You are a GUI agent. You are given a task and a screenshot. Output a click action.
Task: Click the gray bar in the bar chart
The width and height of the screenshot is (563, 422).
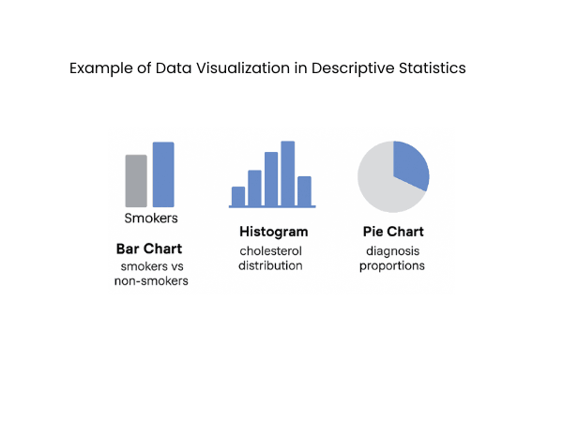click(x=136, y=180)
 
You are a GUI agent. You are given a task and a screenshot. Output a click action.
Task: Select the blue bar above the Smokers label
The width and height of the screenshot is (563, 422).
click(x=163, y=174)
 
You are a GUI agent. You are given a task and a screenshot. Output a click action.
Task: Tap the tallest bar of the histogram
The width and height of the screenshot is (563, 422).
click(x=287, y=173)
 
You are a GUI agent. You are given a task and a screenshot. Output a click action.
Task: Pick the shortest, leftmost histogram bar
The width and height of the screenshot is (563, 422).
click(x=238, y=195)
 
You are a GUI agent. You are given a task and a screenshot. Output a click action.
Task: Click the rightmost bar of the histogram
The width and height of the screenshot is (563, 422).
click(x=304, y=190)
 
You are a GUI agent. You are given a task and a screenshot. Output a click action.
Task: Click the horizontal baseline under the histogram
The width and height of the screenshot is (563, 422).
click(x=272, y=206)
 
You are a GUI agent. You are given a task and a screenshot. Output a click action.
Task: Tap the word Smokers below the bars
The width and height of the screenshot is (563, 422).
click(x=151, y=219)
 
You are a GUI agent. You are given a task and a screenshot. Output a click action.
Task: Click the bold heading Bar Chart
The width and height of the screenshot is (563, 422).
click(x=148, y=249)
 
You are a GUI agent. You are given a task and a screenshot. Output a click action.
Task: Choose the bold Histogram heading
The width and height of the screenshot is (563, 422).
click(x=273, y=232)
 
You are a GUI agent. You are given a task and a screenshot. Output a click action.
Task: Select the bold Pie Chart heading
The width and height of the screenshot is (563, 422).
click(x=393, y=232)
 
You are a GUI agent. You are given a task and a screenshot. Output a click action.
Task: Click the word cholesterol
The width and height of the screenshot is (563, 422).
click(x=271, y=251)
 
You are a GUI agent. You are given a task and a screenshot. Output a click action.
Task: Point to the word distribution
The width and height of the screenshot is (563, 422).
click(x=270, y=265)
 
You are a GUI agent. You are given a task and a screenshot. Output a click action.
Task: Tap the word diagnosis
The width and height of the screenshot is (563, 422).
click(x=393, y=251)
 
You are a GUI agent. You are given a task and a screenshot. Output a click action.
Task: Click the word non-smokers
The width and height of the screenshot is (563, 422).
click(x=151, y=280)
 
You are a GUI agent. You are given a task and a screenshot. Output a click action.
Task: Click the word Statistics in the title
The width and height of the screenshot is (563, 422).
click(x=433, y=69)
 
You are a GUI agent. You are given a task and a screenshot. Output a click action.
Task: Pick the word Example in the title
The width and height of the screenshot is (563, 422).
click(x=96, y=69)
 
